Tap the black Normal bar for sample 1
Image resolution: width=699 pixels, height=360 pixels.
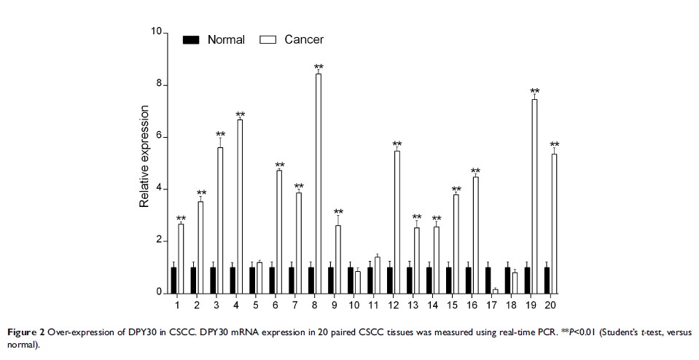tap(173, 280)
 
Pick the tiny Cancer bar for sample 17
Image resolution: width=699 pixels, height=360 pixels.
tap(495, 291)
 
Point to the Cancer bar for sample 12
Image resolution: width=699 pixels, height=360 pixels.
tap(397, 222)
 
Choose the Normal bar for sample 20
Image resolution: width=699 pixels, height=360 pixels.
tap(547, 280)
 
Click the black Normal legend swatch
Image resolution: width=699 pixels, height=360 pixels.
tap(191, 40)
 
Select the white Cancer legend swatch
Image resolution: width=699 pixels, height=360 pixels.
tap(268, 40)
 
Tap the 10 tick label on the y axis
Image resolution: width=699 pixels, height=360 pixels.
tap(156, 32)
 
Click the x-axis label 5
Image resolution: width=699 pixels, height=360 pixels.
tap(256, 303)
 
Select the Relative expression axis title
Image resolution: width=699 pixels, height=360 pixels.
tap(144, 157)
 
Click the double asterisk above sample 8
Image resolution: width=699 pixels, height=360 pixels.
tap(318, 68)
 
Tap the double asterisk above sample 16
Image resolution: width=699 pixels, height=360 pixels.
tap(475, 172)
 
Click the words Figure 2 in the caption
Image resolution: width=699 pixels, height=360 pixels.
tap(26, 332)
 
